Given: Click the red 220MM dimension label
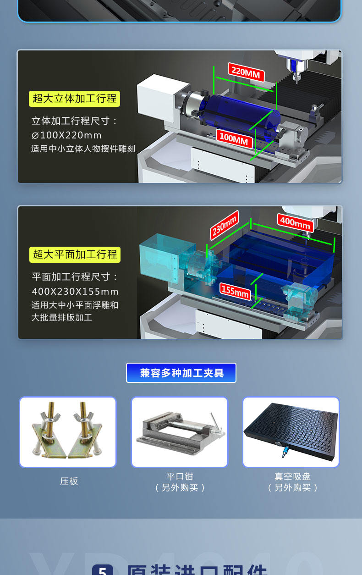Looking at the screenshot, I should [246, 72].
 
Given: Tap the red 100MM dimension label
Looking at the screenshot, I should [234, 138].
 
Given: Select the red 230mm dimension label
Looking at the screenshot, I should [225, 225].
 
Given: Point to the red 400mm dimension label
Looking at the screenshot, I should [296, 223].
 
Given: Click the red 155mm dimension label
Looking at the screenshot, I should [236, 291].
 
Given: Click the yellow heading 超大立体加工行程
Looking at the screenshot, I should [75, 99].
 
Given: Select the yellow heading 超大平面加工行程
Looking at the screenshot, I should [75, 254].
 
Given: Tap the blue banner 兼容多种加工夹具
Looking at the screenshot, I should [181, 373].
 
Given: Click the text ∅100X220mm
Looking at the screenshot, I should [66, 135].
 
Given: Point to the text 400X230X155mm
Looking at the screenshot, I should [75, 292].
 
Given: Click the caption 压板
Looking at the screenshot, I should [69, 481].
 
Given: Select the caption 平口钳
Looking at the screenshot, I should [180, 476].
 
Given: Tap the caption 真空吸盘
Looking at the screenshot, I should [292, 476].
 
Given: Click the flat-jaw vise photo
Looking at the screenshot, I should [180, 432].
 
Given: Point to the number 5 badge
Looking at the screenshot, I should [103, 570].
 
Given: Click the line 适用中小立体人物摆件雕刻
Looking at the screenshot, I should [83, 149].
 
